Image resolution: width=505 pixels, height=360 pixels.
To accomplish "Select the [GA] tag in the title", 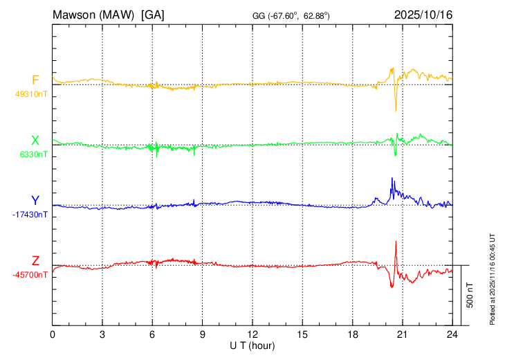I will [152, 15].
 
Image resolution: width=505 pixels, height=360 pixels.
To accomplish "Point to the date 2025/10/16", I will [423, 15].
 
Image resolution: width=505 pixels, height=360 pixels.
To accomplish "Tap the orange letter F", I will [35, 80].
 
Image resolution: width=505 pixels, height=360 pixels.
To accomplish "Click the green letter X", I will [35, 141].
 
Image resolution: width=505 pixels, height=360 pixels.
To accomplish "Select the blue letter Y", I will [35, 201].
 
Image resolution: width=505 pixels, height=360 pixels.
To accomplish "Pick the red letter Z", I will [35, 260].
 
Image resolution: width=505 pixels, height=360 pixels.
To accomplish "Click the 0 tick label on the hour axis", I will [53, 334].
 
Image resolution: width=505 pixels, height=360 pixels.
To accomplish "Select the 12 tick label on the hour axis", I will [252, 334].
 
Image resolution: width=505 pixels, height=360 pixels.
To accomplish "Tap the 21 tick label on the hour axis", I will [402, 334].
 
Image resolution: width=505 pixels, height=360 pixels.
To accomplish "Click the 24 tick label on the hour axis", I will [452, 334].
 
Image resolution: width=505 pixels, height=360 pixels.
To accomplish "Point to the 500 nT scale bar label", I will [470, 295].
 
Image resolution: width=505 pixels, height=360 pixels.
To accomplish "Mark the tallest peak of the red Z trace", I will [396, 241].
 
